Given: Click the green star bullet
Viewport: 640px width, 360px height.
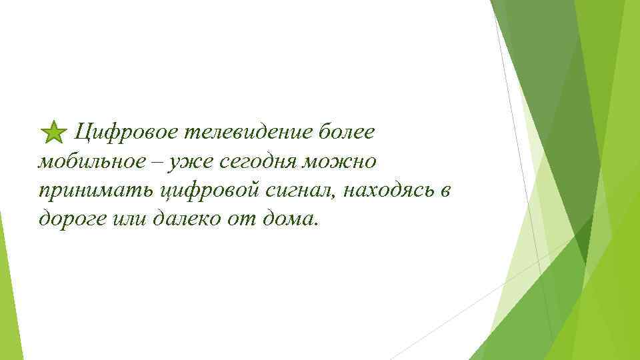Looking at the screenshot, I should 53,132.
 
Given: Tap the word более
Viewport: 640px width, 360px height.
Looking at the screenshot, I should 347,131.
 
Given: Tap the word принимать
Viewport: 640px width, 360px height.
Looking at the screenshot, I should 96,191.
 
